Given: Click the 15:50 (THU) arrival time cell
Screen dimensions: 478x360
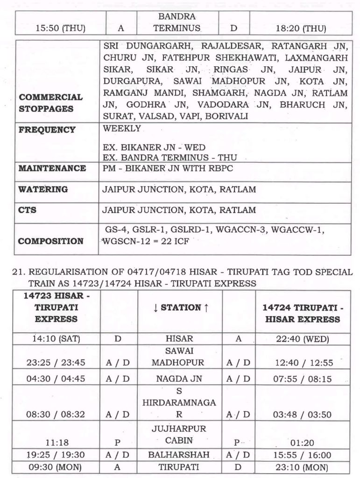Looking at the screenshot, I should coord(60,28).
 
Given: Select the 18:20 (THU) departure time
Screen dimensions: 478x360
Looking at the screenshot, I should coord(301,28).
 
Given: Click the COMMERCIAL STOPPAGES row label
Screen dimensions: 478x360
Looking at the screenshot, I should coord(50,103).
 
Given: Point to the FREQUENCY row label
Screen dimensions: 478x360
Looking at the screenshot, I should coord(47,130).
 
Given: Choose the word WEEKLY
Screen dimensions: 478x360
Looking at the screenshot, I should coord(122,128).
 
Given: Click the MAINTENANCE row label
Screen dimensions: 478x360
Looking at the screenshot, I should coord(52,168).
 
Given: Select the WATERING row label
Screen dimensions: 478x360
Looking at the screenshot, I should coord(43,190).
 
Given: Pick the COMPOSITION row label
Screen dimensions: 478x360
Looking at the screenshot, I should coord(51,241).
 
